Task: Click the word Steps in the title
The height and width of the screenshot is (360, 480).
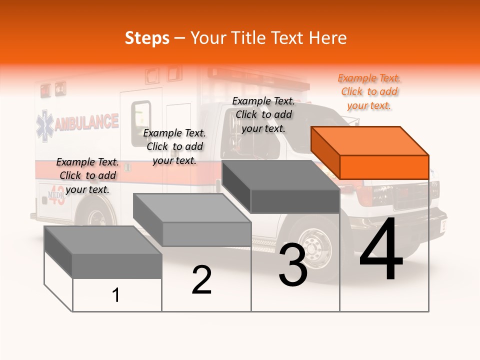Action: point(147,38)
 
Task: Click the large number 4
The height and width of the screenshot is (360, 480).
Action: point(381,250)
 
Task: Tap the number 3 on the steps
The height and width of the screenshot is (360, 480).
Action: point(293,265)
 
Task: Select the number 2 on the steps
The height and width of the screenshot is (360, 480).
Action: point(201,280)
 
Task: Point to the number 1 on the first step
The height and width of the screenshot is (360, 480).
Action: point(116,295)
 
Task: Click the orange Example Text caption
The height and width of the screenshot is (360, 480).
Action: point(369,92)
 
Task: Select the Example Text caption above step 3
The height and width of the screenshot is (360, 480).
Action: point(263,115)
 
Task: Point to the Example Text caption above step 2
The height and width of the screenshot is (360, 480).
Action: point(174,146)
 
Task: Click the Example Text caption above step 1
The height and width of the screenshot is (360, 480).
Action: point(87,175)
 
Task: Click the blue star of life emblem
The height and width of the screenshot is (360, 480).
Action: point(44,125)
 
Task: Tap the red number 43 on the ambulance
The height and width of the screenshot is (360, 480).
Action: point(54,197)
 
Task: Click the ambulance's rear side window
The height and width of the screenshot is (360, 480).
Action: point(141,122)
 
